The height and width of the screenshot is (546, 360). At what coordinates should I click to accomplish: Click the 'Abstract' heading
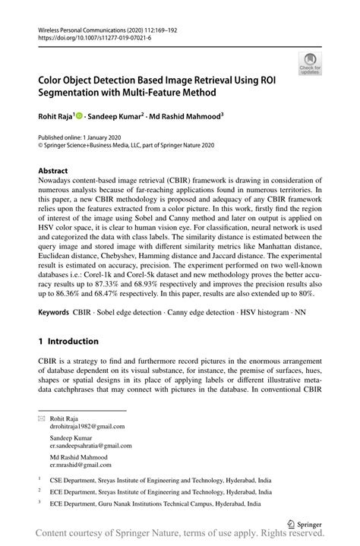(53, 172)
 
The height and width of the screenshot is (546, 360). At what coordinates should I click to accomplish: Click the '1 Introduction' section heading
(68, 342)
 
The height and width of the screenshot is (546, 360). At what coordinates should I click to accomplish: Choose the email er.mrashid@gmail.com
(80, 464)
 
